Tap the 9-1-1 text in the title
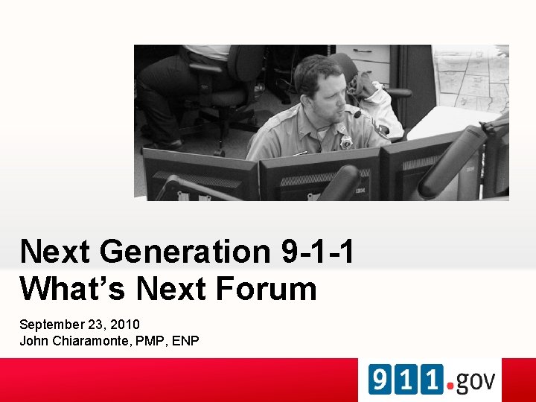[318, 252]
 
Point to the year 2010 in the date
[124, 325]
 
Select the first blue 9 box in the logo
[380, 380]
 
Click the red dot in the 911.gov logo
[449, 386]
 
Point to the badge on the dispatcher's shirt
[345, 141]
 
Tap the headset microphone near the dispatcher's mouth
[357, 114]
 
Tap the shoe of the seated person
[170, 143]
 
